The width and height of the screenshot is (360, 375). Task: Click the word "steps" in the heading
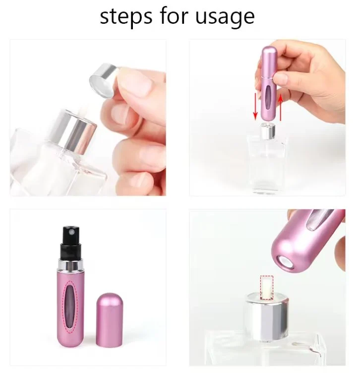[x=125, y=17]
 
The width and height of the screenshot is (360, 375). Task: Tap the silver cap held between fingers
[x=104, y=80]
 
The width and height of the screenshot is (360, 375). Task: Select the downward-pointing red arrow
[x=255, y=107]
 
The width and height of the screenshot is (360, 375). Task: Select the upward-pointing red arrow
[x=281, y=107]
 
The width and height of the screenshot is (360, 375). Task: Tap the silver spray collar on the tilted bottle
[x=74, y=132]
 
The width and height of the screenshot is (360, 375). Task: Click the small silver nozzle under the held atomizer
[x=268, y=131]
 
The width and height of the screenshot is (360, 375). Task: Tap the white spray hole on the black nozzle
[x=72, y=232]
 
